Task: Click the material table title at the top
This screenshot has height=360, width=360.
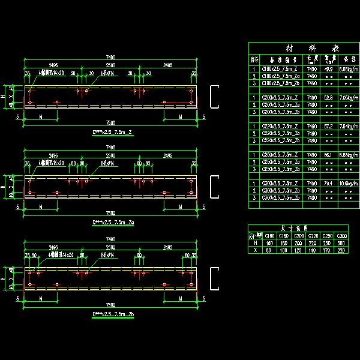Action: (x=303, y=48)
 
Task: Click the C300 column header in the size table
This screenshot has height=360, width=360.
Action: (x=343, y=235)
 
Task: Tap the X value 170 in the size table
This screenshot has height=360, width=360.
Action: (x=328, y=250)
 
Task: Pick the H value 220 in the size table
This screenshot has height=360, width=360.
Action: (x=314, y=242)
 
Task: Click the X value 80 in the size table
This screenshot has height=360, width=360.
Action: (x=271, y=250)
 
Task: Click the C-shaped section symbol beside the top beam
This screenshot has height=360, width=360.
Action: (x=214, y=98)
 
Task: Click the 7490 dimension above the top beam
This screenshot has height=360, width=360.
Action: (x=110, y=58)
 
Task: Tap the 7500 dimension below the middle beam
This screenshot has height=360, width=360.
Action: (x=110, y=213)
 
